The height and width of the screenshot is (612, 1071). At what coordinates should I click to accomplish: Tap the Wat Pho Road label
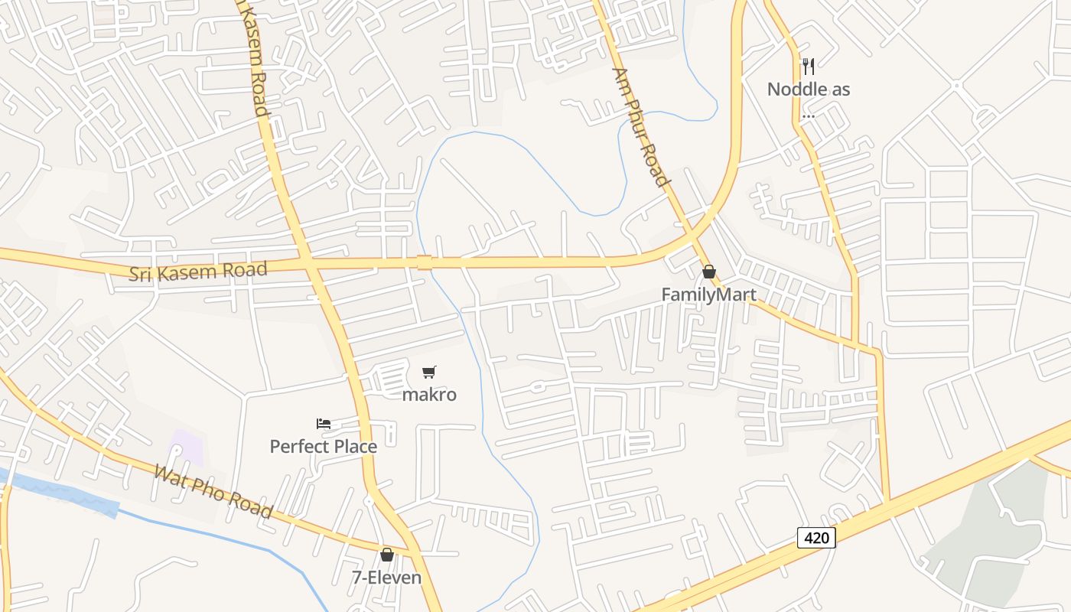point(213,491)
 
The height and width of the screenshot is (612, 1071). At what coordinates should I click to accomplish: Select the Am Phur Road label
point(641,127)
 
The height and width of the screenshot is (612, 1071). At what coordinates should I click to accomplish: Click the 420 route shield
point(816,538)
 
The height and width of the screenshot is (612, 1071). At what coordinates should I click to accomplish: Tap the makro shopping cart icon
point(429,373)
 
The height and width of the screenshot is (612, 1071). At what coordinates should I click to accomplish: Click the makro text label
point(429,395)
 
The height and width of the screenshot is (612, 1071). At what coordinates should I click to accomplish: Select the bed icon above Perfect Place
point(324,424)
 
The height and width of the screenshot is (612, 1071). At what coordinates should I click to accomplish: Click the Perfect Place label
point(324,446)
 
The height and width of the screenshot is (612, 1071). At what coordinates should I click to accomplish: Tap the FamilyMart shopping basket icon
point(709,272)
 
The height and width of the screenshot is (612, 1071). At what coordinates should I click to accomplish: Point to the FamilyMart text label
point(709,295)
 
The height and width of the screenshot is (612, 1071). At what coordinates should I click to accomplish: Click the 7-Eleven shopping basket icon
point(387,555)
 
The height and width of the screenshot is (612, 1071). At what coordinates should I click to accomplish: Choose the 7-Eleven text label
point(387,577)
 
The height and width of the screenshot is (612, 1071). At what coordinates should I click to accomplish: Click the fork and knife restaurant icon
point(809,67)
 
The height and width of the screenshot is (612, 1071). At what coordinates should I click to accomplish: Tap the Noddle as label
point(809,90)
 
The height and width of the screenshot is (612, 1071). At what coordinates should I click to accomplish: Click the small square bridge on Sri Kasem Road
point(424,262)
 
